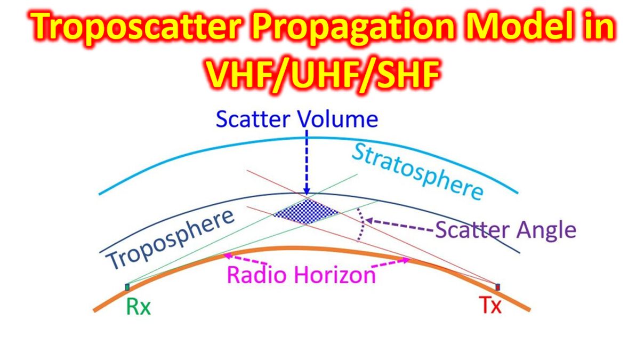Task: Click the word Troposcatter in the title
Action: tap(135, 28)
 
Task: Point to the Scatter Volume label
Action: tap(297, 119)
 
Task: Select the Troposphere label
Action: tap(170, 238)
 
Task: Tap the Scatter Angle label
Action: tap(506, 229)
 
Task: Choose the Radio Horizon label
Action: tap(301, 275)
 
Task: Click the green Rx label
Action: tap(138, 307)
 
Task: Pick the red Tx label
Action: tap(490, 306)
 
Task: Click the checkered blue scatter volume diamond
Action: tap(307, 212)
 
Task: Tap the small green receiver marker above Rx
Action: tap(127, 287)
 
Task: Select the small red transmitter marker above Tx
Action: tap(498, 287)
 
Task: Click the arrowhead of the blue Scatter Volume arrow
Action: tap(307, 191)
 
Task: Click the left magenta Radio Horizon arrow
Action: tap(245, 259)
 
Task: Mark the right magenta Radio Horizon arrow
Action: tap(390, 262)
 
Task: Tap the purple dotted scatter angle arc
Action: tap(361, 225)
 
